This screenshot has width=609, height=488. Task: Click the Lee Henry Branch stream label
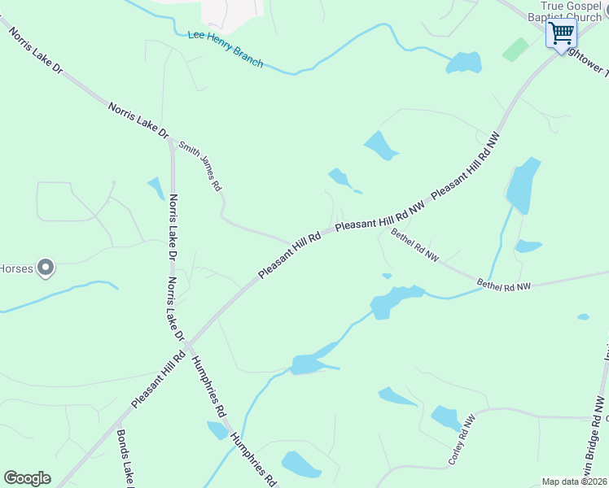[226, 48]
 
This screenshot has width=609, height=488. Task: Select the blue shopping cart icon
[561, 34]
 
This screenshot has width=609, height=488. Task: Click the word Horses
[15, 268]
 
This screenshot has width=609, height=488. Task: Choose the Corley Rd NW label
[461, 441]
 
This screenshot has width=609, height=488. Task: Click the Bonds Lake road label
[124, 459]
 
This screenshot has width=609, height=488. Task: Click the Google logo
[27, 478]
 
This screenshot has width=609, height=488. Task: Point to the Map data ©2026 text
[574, 481]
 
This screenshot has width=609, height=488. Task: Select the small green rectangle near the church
[515, 50]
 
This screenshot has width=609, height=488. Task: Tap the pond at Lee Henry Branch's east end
[464, 63]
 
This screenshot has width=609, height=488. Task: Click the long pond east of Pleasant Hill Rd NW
[524, 185]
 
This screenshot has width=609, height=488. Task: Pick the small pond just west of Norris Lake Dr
[156, 189]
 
